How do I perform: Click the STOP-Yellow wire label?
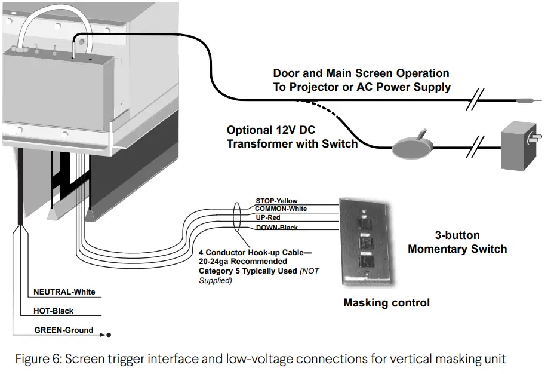click(276, 201)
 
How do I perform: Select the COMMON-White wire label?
click(281, 209)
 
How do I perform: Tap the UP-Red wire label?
click(268, 217)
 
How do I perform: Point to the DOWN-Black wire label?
click(276, 228)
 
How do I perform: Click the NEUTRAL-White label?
click(64, 292)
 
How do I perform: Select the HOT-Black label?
click(54, 311)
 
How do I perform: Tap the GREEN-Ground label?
click(63, 330)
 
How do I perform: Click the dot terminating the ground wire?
click(109, 335)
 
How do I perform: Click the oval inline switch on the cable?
click(411, 146)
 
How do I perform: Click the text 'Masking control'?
click(386, 303)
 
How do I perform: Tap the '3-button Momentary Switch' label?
click(457, 242)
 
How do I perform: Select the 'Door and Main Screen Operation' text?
click(361, 73)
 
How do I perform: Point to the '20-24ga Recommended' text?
click(242, 262)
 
